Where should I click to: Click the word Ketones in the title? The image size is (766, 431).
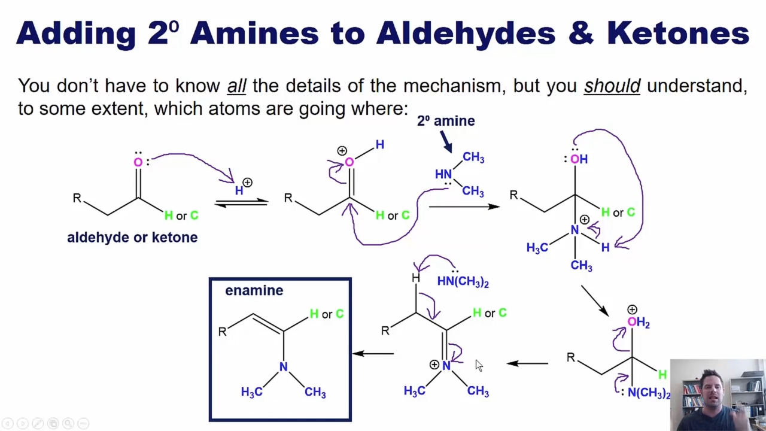click(x=678, y=33)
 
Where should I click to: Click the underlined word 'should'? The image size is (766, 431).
click(x=612, y=86)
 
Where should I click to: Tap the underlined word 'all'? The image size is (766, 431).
click(x=236, y=86)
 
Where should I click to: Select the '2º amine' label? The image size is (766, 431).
click(x=446, y=121)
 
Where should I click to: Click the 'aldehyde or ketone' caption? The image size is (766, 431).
click(x=132, y=238)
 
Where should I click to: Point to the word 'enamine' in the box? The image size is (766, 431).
click(x=254, y=290)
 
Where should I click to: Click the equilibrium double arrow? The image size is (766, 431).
click(x=241, y=203)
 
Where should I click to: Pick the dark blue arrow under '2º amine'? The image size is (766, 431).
click(x=446, y=142)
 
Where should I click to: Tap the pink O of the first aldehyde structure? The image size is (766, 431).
click(x=138, y=162)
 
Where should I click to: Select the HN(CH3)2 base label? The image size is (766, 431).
click(x=463, y=281)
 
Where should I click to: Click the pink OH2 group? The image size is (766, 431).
click(x=639, y=322)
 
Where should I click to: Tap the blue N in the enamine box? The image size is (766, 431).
click(x=283, y=367)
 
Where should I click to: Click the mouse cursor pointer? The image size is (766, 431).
click(x=479, y=365)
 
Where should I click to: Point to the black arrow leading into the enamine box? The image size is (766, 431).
click(x=373, y=354)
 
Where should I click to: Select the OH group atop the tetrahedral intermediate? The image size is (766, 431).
click(x=579, y=159)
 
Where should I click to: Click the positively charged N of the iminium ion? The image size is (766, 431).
click(x=446, y=366)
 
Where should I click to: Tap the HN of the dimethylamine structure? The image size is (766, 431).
click(x=443, y=174)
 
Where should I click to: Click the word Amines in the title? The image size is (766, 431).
click(x=254, y=33)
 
